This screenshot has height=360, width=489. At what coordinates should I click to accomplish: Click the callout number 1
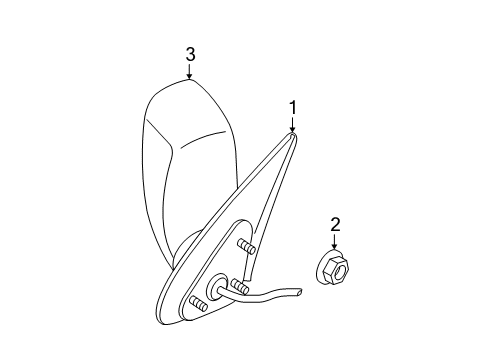tap(293, 105)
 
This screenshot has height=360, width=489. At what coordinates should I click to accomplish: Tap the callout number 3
tap(189, 54)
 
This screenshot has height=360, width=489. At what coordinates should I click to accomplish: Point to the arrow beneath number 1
tap(293, 124)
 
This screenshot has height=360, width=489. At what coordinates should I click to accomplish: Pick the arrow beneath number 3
tap(189, 72)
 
